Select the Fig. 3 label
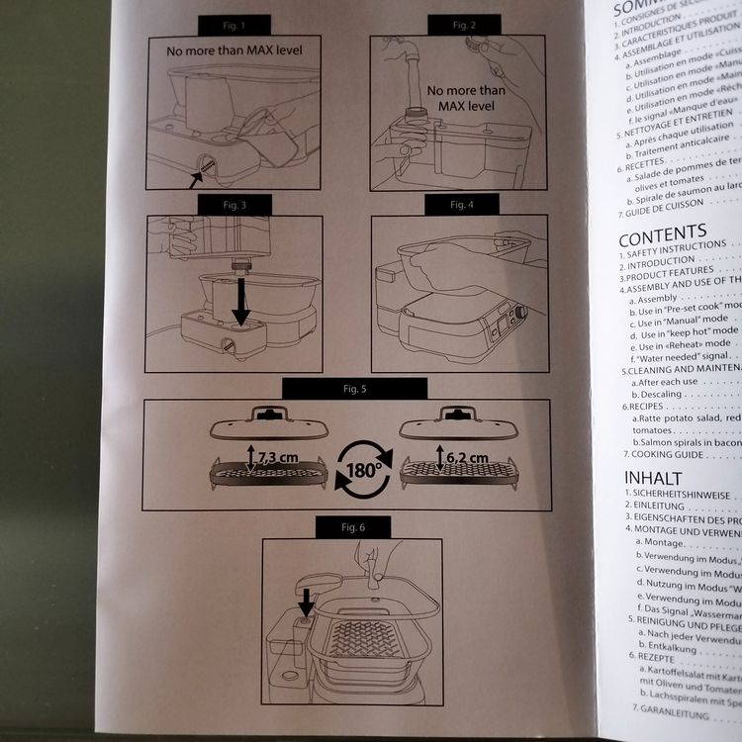pyautogui.click(x=234, y=205)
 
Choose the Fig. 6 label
pyautogui.click(x=354, y=527)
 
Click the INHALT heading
pyautogui.click(x=653, y=479)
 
